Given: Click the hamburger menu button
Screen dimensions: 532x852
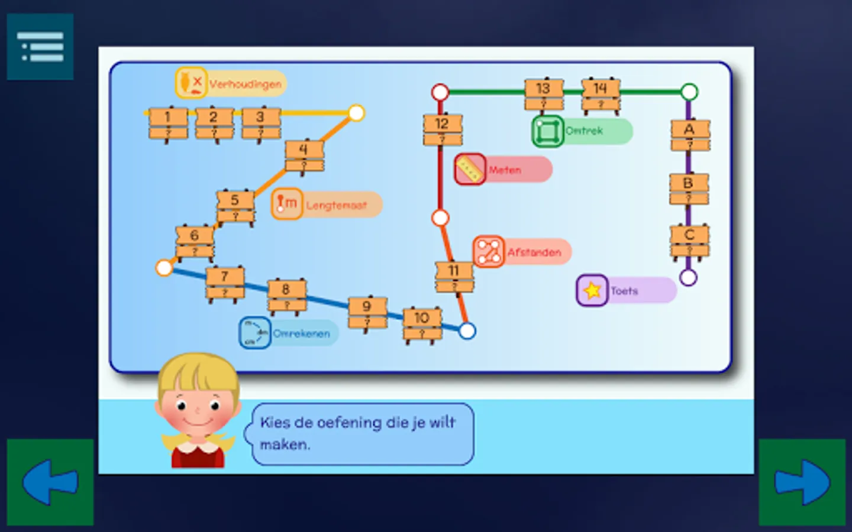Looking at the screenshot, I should [x=40, y=47].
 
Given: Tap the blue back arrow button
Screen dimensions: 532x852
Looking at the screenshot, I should [x=50, y=482].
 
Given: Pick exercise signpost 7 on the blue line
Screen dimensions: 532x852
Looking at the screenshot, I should [x=225, y=283].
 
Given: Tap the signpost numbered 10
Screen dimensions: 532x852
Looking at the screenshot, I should [x=422, y=325].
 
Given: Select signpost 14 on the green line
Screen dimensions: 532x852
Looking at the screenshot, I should [x=601, y=95].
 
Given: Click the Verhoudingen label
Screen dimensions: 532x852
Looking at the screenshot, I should [x=245, y=84].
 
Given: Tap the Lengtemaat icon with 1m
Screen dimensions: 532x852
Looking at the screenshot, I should [x=287, y=204].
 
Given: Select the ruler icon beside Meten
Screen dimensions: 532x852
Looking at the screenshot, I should [x=470, y=170].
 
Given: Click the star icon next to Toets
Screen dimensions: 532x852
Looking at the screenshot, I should [x=592, y=290].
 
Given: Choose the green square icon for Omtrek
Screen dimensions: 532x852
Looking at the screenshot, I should [x=548, y=131].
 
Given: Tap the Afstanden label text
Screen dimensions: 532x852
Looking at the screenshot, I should [x=534, y=252].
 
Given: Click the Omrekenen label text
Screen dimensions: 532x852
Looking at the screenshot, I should [x=301, y=333].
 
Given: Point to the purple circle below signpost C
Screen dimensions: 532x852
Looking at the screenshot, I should [x=688, y=277].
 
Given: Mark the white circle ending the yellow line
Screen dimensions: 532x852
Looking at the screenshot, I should [x=356, y=113].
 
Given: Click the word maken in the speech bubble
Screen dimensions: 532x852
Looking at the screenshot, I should [x=285, y=445].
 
